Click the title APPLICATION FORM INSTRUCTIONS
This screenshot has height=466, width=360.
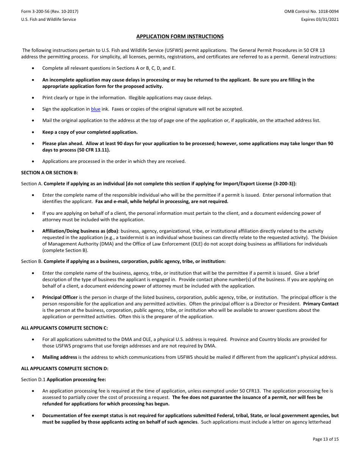(x=180, y=37)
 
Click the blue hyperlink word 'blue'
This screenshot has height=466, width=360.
(x=95, y=109)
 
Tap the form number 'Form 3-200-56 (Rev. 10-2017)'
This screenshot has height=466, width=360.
(x=50, y=12)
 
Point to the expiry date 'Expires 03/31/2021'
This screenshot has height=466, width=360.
(x=320, y=19)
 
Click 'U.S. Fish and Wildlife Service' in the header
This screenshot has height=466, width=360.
(x=49, y=19)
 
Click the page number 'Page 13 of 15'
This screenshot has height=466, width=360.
(x=326, y=439)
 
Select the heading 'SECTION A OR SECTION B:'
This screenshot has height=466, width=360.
(x=49, y=172)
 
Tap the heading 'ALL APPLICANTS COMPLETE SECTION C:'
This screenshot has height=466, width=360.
(x=64, y=328)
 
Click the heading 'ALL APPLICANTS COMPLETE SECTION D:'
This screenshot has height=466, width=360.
(x=65, y=368)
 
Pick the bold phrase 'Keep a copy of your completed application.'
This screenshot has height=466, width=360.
(x=90, y=132)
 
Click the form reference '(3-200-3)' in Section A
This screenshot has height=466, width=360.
(x=284, y=184)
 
